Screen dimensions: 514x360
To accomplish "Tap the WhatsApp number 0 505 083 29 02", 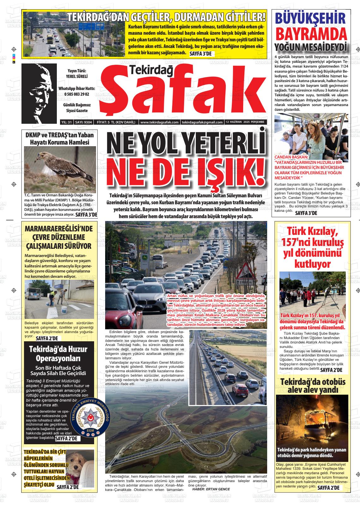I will coord(77,94).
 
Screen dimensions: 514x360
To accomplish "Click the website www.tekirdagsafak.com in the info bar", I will coord(159,122).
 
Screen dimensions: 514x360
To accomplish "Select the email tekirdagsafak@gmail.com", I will coord(202,122).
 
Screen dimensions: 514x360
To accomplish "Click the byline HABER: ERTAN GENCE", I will coord(211,489).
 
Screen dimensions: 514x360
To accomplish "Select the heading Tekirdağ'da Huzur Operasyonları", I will coord(58,354).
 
